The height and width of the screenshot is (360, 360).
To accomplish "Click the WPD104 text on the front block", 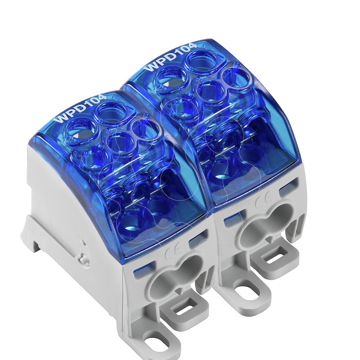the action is pyautogui.click(x=80, y=108).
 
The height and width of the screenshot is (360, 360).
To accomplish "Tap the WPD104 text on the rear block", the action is pyautogui.click(x=171, y=57).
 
